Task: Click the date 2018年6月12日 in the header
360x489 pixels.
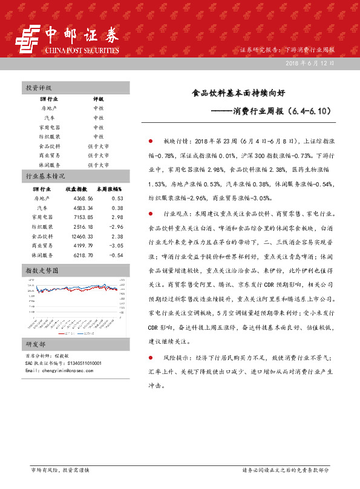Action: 309,63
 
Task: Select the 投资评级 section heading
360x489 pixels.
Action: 39,88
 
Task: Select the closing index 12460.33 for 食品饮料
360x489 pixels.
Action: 81,237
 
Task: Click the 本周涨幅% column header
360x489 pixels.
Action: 110,189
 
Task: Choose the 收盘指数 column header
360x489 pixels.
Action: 76,189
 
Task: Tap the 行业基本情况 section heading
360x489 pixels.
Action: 45,177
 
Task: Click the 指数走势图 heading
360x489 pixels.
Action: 42,271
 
